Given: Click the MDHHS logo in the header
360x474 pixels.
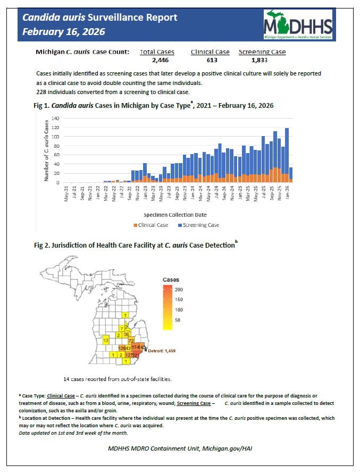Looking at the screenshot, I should pyautogui.click(x=298, y=24).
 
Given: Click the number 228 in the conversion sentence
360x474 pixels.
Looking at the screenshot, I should pyautogui.click(x=42, y=92).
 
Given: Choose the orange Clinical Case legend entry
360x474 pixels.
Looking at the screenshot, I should pyautogui.click(x=151, y=225).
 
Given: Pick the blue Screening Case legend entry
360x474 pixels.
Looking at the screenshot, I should pyautogui.click(x=198, y=225).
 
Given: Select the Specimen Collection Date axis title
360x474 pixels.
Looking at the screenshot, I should pyautogui.click(x=175, y=215).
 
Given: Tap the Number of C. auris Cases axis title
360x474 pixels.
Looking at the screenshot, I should pyautogui.click(x=46, y=150).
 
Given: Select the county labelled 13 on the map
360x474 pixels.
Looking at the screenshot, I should pyautogui.click(x=106, y=340).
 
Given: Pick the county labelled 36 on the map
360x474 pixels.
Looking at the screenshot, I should pyautogui.click(x=126, y=334).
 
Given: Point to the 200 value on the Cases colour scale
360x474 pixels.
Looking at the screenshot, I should pyautogui.click(x=179, y=290).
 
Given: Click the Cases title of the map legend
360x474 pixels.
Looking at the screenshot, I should pyautogui.click(x=171, y=280).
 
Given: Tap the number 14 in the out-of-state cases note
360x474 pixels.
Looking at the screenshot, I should pyautogui.click(x=66, y=379).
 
